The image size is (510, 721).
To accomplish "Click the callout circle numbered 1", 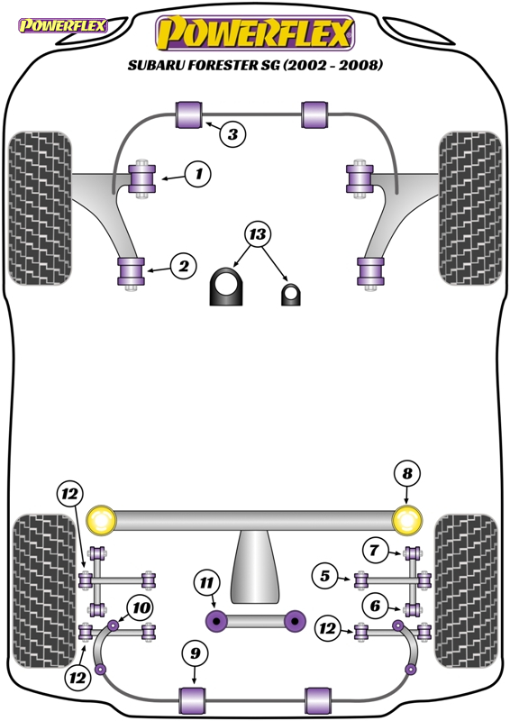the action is [x=198, y=174].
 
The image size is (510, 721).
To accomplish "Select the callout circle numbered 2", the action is [x=184, y=266].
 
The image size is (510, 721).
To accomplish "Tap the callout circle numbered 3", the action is [x=232, y=134].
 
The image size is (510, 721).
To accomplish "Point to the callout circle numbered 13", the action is [x=258, y=234].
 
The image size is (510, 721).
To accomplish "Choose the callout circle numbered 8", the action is [x=407, y=474].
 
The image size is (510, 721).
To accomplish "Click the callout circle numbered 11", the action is [x=206, y=583].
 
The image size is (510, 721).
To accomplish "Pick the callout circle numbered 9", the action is [x=196, y=653].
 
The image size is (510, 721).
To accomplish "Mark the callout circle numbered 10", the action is [x=141, y=607].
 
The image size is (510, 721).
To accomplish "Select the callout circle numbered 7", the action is [x=374, y=550].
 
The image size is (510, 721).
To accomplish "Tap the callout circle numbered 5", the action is [x=325, y=575].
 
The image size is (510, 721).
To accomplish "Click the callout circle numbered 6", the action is [x=375, y=606].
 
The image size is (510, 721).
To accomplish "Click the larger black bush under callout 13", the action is [x=226, y=286].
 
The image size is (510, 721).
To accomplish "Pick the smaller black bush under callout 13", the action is [x=291, y=295].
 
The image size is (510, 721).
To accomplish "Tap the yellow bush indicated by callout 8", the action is [x=407, y=520].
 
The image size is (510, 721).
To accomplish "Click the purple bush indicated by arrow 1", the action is [x=142, y=178].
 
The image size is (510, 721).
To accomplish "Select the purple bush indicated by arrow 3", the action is [x=189, y=115].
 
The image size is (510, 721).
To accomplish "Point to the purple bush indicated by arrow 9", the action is [x=193, y=700].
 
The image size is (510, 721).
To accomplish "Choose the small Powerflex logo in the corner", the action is [x=62, y=25].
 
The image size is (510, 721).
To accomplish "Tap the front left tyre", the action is [x=40, y=208].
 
